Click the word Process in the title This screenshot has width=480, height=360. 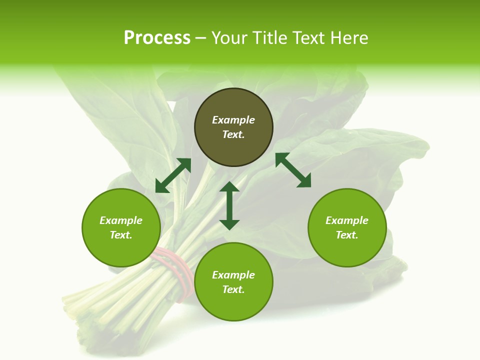tap(157, 38)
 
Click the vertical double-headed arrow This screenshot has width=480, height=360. tap(229, 205)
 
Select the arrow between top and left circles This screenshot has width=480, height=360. tap(173, 175)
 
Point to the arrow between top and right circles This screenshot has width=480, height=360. tap(293, 170)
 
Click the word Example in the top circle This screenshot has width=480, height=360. tap(233, 120)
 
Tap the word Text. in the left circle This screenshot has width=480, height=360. tap(121, 235)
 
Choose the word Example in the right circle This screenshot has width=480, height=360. tap(347, 220)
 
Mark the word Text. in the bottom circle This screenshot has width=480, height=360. tap(233, 289)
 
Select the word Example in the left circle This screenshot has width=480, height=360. tap(121, 220)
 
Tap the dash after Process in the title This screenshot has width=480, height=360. tap(201, 38)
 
